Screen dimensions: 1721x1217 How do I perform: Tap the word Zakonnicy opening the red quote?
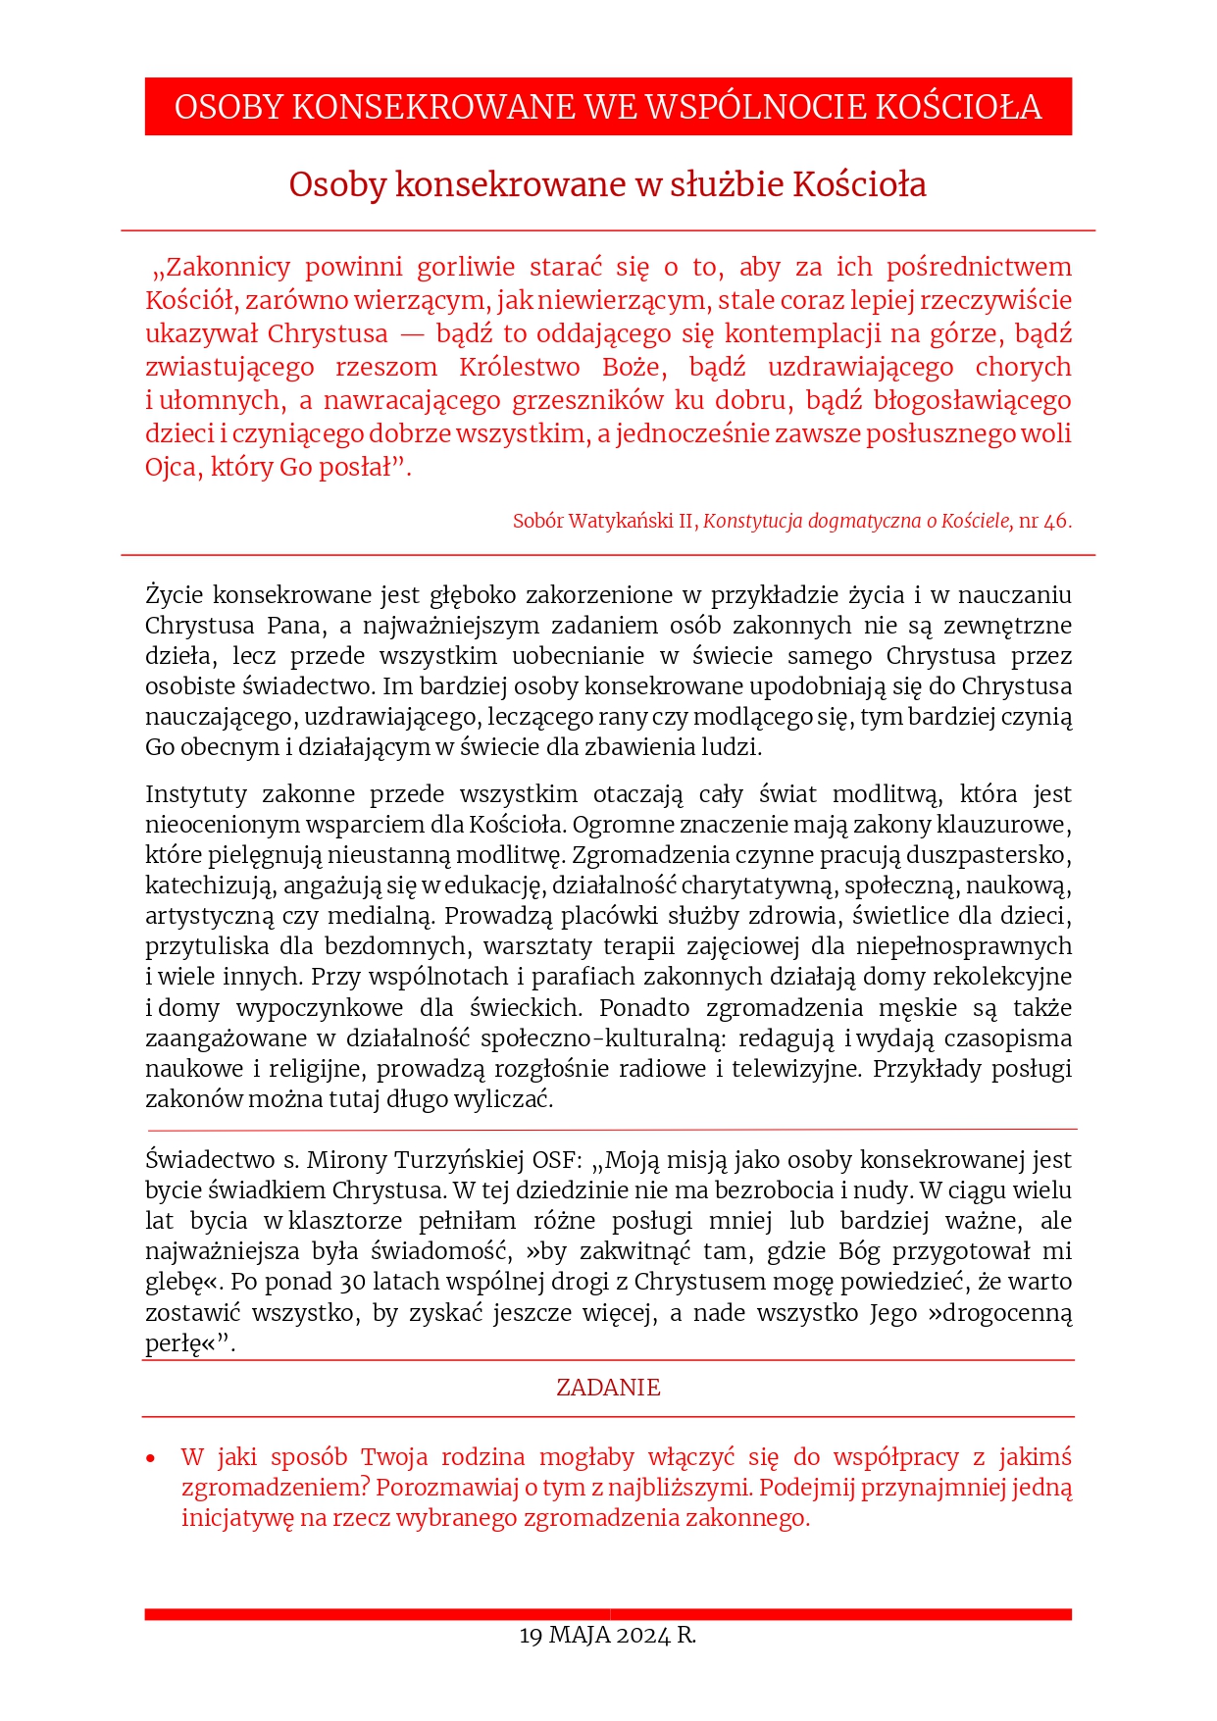pyautogui.click(x=223, y=268)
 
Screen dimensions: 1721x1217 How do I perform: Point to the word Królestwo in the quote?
pyautogui.click(x=520, y=368)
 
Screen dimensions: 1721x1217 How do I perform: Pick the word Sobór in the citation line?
pyautogui.click(x=537, y=522)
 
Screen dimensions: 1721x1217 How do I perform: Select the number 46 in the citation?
pyautogui.click(x=1055, y=522)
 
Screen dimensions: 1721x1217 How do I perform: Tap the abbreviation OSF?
pyautogui.click(x=556, y=1160)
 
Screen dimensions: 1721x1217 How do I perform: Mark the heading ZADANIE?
pyautogui.click(x=608, y=1388)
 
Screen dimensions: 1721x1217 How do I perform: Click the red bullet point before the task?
pyautogui.click(x=150, y=1459)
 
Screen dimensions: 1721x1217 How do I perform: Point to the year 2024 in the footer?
pyautogui.click(x=643, y=1636)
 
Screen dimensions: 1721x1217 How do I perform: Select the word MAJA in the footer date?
pyautogui.click(x=580, y=1636)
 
